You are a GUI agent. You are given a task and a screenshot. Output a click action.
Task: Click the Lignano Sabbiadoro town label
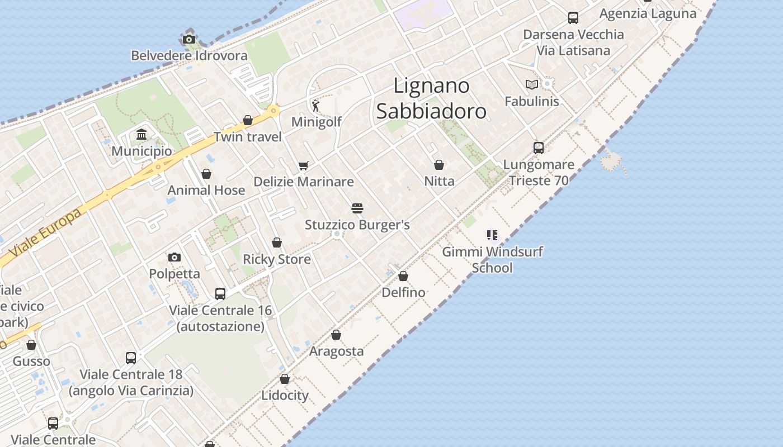tap(431, 98)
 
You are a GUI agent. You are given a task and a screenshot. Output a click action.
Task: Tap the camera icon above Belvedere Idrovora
tap(189, 39)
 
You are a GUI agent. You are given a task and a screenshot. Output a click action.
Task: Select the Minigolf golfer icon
tap(316, 105)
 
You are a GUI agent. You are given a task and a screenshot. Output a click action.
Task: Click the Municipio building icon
tap(141, 135)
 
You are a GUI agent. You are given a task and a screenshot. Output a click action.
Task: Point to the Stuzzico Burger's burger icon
tap(357, 208)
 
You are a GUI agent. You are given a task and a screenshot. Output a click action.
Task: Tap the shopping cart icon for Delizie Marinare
tap(303, 165)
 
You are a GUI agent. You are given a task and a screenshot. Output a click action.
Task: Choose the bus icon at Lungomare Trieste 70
tap(539, 148)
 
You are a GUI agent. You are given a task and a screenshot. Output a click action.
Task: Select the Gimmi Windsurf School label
tap(492, 259)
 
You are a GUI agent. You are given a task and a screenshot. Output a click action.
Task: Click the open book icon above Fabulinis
tap(531, 85)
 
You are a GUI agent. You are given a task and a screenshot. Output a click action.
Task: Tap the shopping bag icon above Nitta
tap(439, 165)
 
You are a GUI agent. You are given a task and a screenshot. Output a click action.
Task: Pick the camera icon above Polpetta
tap(174, 257)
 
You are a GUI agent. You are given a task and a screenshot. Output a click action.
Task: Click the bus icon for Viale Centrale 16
tap(220, 293)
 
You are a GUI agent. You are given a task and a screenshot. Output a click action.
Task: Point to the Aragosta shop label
tap(336, 351)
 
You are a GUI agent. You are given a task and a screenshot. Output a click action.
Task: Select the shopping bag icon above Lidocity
tap(285, 379)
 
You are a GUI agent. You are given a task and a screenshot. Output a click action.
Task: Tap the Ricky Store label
tap(276, 259)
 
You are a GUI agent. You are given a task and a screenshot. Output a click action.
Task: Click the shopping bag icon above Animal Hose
tap(206, 174)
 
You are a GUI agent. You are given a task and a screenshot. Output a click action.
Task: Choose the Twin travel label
tap(248, 137)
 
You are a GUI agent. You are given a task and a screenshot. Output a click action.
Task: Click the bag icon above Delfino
tap(403, 276)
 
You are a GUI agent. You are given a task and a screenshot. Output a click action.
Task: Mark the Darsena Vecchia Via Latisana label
tap(573, 42)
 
